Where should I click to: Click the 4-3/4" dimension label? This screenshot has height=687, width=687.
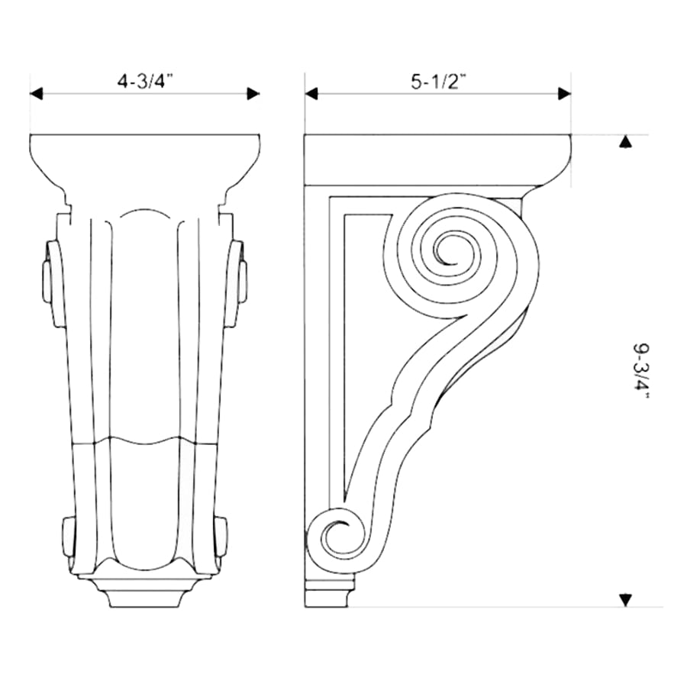[x=145, y=81]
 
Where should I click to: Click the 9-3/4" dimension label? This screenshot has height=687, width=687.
[x=641, y=371]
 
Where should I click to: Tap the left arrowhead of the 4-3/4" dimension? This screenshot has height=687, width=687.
[x=37, y=94]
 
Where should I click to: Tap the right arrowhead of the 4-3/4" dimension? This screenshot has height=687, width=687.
[x=253, y=94]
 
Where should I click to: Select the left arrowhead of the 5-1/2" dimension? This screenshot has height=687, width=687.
[x=311, y=94]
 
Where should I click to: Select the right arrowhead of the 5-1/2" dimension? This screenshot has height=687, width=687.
[x=564, y=94]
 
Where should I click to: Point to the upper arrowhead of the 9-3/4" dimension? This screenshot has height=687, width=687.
[x=626, y=142]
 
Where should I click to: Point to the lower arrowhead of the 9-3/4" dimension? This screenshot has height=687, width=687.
[x=626, y=600]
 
